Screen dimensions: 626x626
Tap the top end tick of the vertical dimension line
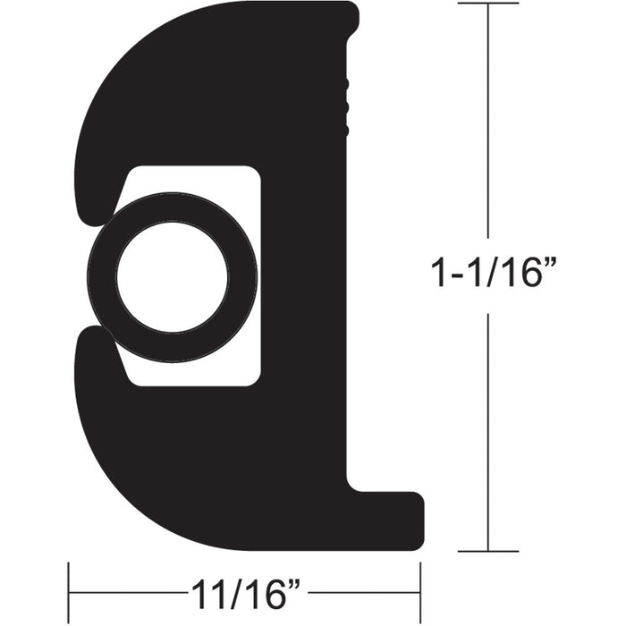click(x=487, y=4)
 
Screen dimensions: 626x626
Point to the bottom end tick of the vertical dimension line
click(x=487, y=551)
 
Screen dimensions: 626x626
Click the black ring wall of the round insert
click(x=101, y=277)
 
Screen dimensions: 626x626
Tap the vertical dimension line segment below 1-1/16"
click(x=487, y=429)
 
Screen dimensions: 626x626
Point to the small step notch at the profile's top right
click(x=354, y=18)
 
